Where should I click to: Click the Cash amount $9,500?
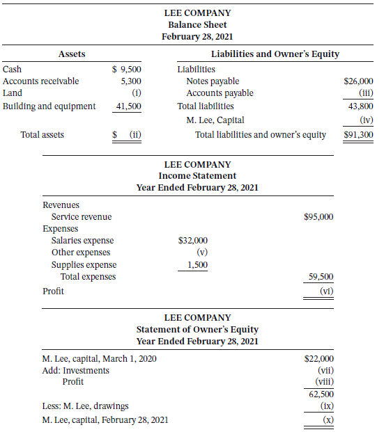(127, 69)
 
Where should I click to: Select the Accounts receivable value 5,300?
(131, 81)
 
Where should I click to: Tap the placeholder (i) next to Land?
(137, 93)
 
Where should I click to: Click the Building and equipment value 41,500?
(129, 106)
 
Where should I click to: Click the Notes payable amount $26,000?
(358, 81)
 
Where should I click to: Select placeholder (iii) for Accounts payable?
(365, 93)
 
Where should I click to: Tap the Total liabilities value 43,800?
(361, 106)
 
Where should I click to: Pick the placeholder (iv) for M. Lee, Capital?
(365, 120)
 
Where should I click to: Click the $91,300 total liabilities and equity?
(358, 134)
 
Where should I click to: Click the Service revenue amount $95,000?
(318, 216)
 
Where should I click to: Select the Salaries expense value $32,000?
(193, 240)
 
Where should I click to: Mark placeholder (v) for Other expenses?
(202, 252)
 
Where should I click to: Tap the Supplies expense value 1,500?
(197, 264)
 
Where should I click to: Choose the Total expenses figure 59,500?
(321, 276)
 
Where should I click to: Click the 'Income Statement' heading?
(197, 176)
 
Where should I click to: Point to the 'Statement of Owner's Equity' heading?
(197, 330)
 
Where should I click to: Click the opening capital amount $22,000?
(319, 358)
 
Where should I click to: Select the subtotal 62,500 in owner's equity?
(321, 394)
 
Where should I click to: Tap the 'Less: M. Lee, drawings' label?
(85, 406)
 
